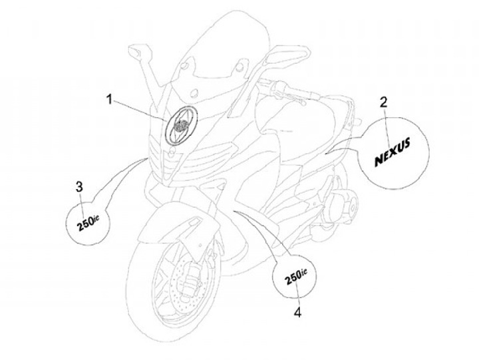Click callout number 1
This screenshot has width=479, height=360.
coord(109,99)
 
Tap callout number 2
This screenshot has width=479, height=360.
coord(384,102)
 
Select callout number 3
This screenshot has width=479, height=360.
coord(79,186)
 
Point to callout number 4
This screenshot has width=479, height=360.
coord(297,312)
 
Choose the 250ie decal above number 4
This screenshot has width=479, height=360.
coord(295,276)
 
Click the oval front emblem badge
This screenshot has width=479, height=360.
coord(181,124)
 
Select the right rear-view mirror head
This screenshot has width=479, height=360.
coord(289,55)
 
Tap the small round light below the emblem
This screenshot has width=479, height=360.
coord(172,151)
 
